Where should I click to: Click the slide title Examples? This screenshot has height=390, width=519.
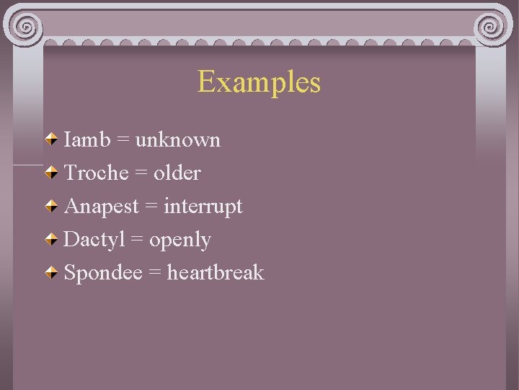pyautogui.click(x=259, y=82)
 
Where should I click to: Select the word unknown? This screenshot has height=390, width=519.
pyautogui.click(x=178, y=139)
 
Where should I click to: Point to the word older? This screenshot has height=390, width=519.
pyautogui.click(x=177, y=173)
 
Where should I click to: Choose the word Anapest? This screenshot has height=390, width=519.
pyautogui.click(x=102, y=207)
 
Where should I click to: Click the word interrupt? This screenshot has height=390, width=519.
pyautogui.click(x=203, y=207)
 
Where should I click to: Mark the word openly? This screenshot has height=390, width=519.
pyautogui.click(x=180, y=240)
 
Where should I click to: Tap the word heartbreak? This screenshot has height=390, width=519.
pyautogui.click(x=216, y=273)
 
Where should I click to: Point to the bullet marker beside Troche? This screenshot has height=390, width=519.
pyautogui.click(x=53, y=173)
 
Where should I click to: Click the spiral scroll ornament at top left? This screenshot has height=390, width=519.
pyautogui.click(x=26, y=28)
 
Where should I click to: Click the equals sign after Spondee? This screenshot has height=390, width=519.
pyautogui.click(x=155, y=274)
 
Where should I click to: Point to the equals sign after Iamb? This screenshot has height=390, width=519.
pyautogui.click(x=123, y=140)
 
